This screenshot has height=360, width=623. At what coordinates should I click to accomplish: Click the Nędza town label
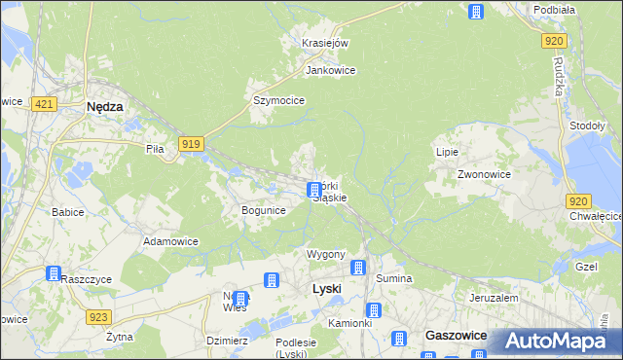click(x=104, y=108)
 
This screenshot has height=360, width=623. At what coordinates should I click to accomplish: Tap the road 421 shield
click(x=42, y=102)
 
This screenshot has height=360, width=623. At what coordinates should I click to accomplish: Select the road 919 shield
click(x=191, y=145)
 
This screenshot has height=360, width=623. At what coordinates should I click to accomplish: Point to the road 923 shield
click(x=97, y=316)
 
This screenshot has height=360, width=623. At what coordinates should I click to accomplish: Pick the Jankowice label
click(x=330, y=71)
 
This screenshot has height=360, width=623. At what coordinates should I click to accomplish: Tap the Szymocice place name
click(x=279, y=100)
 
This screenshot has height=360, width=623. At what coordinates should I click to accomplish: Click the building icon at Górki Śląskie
click(x=313, y=190)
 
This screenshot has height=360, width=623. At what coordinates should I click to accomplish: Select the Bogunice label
click(x=263, y=210)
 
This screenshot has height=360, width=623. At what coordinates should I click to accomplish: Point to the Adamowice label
click(x=170, y=240)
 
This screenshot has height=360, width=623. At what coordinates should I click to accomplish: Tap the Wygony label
click(x=326, y=254)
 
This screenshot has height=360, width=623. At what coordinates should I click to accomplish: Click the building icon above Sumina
click(x=358, y=268)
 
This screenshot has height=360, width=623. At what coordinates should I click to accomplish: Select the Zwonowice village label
click(x=485, y=174)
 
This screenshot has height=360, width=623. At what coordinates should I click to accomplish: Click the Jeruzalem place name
click(x=494, y=298)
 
